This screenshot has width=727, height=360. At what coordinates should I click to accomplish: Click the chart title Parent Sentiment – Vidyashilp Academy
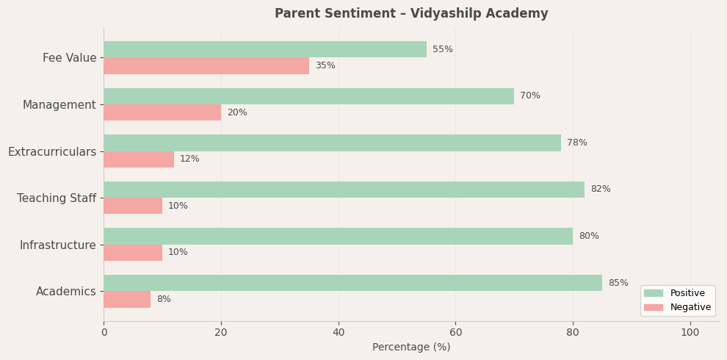411,14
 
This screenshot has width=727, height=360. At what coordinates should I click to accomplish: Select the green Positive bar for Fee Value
264,49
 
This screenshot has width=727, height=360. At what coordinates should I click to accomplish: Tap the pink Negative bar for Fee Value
206,66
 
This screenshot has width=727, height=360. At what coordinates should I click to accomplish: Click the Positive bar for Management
308,96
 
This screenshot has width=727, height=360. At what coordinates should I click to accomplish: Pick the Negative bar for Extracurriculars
139,159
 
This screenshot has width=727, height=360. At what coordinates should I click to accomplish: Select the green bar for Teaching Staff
344,190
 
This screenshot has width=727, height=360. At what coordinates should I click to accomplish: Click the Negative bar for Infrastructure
133,253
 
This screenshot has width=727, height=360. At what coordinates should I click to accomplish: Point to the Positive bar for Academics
352,283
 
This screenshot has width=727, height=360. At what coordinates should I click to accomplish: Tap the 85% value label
618,283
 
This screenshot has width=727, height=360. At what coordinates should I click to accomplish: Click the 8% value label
163,300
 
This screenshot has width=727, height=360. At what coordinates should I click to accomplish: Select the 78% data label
576,143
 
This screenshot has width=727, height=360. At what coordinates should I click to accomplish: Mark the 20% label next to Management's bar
236,113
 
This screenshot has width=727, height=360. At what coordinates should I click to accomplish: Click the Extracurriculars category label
52,152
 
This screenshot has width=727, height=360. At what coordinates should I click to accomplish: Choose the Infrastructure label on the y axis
57,245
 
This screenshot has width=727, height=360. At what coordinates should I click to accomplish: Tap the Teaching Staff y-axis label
57,198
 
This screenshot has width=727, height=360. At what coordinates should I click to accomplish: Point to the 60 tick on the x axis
455,333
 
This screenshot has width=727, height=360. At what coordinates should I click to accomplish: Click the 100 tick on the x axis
690,333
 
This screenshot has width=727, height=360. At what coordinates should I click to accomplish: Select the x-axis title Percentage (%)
411,348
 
